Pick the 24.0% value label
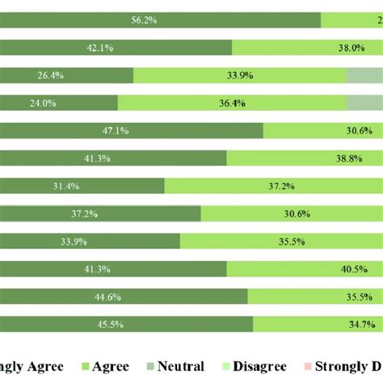[44, 103]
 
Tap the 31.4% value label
[66, 186]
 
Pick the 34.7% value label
[354, 324]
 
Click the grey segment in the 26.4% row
[364, 75]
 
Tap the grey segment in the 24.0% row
[364, 103]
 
